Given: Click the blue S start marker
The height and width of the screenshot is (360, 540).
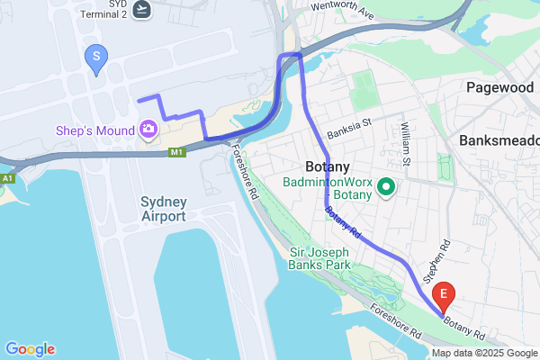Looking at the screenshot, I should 96,58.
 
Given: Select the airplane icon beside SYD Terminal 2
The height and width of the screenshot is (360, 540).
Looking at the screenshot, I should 142,9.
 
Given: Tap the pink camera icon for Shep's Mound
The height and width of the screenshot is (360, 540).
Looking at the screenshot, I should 148,130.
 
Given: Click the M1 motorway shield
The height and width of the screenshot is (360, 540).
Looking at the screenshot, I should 177,152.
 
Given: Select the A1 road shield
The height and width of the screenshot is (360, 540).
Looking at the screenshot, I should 7,180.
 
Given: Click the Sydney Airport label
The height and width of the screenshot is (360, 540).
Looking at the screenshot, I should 164,208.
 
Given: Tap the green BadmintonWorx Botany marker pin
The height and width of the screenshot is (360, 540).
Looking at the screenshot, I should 386,188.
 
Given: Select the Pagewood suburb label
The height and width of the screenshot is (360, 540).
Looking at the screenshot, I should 502,87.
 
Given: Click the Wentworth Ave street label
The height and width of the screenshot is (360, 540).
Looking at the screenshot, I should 341,10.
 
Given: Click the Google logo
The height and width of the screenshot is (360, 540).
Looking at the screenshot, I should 30,349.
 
